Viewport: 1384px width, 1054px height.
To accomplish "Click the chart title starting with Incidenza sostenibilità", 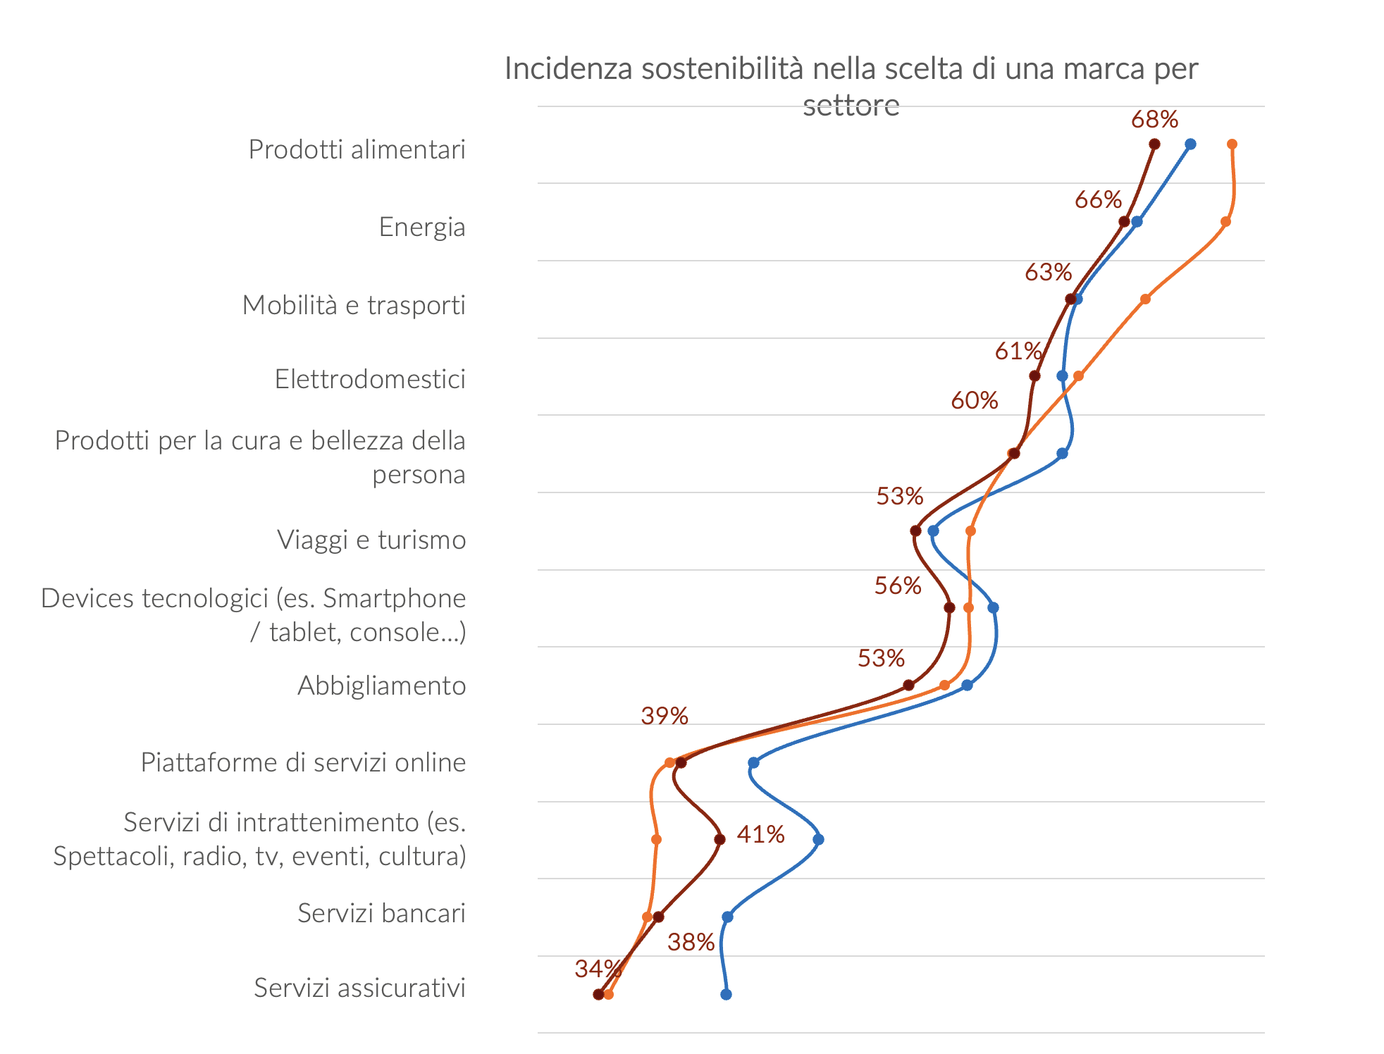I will (x=851, y=86).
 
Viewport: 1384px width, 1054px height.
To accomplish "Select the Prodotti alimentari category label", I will (x=357, y=149).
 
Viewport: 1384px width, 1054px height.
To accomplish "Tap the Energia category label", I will (x=421, y=227).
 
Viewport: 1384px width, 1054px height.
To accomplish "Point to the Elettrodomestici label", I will (x=370, y=379).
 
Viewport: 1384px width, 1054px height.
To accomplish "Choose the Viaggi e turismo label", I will (x=371, y=540).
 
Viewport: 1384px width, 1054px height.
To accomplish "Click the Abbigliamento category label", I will (x=381, y=686).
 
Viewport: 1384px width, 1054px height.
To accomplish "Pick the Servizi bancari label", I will (x=381, y=913).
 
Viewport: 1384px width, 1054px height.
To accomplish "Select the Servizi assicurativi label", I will (x=359, y=988).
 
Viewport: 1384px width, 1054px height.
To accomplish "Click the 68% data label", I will (x=1154, y=120).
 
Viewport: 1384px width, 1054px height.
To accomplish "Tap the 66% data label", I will (x=1098, y=200).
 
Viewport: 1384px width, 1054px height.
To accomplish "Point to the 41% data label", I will (x=760, y=835).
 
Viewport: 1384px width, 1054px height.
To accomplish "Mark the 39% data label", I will (x=664, y=717).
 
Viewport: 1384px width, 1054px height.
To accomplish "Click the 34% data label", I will (x=598, y=969).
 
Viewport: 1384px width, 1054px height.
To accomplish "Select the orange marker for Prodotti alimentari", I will (x=1232, y=144).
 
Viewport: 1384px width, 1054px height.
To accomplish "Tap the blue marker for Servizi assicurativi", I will (x=726, y=994).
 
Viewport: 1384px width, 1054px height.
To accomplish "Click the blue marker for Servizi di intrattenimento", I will (x=818, y=839).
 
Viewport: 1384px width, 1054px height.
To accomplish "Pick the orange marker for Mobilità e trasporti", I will (x=1145, y=299).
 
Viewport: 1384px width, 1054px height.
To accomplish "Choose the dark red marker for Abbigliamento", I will (x=908, y=685).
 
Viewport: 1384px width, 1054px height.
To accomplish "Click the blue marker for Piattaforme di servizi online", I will (x=753, y=762).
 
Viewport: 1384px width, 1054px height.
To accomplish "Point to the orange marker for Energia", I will (x=1225, y=222).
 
